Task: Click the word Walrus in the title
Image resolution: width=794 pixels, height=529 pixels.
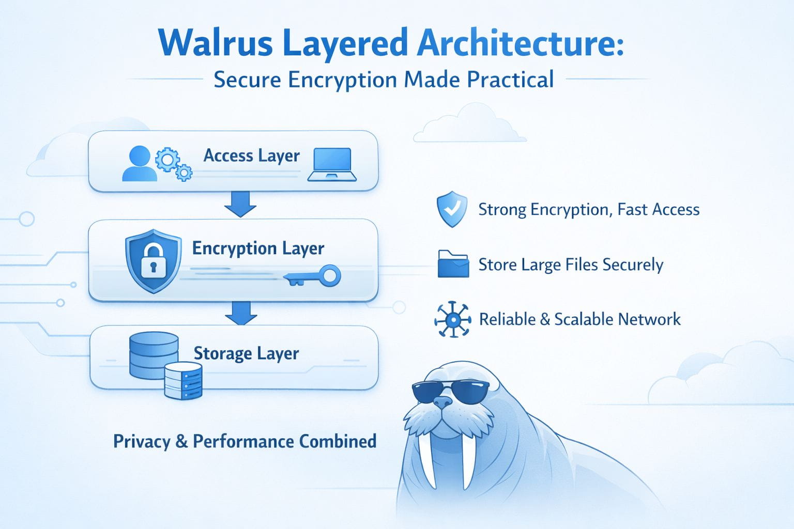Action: click(216, 43)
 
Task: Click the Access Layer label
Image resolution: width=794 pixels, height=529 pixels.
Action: click(251, 155)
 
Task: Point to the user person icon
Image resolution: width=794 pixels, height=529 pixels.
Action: click(139, 164)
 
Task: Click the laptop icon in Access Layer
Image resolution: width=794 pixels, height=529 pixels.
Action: click(332, 165)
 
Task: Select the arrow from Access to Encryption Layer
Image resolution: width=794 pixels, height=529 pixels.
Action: click(240, 204)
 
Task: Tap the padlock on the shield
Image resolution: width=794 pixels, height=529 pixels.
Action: click(152, 261)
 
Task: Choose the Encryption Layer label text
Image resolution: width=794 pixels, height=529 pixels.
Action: click(258, 248)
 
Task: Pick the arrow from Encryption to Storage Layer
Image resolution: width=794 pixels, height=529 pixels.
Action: click(241, 313)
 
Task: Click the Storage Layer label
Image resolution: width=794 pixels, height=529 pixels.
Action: click(246, 353)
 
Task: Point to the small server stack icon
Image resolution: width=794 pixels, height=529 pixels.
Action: click(183, 381)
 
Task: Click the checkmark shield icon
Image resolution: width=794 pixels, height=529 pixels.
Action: click(452, 209)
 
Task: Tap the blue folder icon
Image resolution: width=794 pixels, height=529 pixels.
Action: click(453, 264)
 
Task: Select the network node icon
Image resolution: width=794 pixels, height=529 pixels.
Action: click(452, 319)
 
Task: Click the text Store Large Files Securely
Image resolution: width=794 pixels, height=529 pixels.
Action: click(570, 264)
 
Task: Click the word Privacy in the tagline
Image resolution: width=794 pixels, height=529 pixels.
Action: click(141, 442)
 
